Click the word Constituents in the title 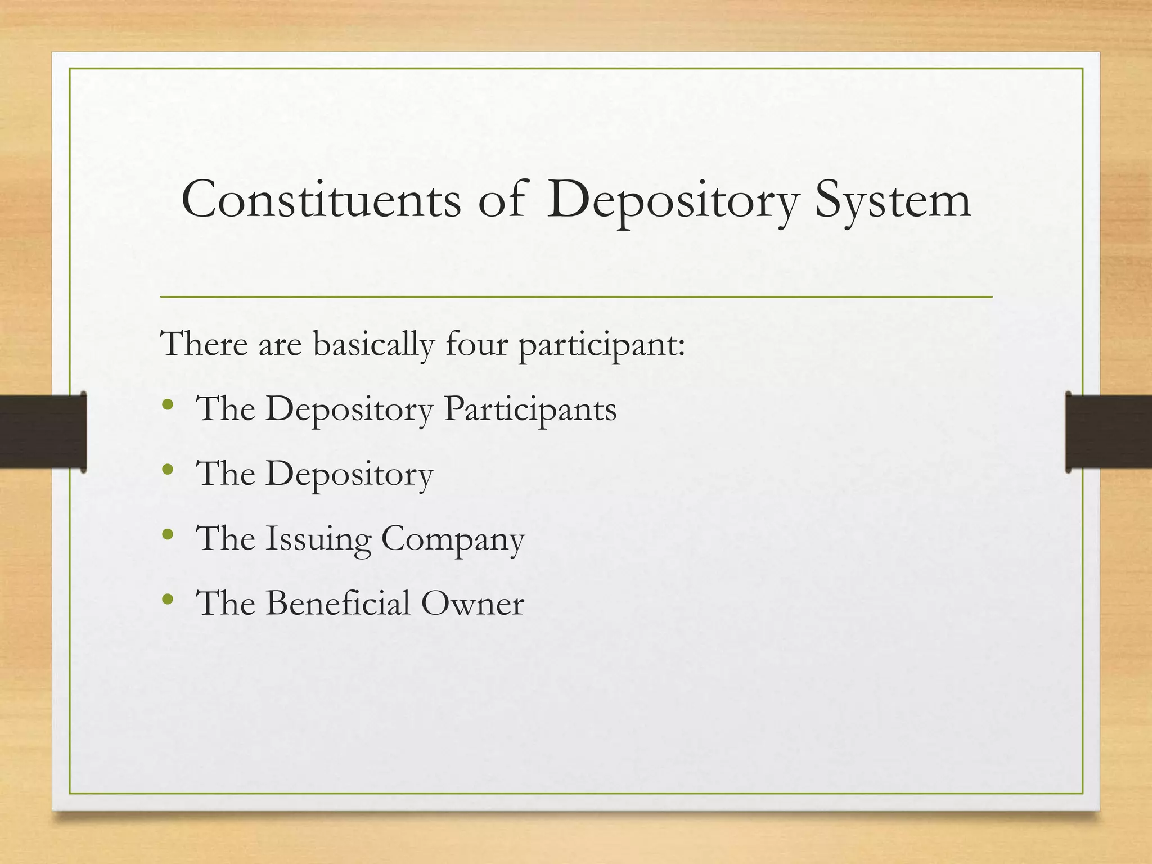pos(321,200)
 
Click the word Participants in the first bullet pos(530,409)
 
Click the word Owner pos(472,604)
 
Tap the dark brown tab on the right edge pos(1108,431)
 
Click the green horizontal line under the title pos(576,296)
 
